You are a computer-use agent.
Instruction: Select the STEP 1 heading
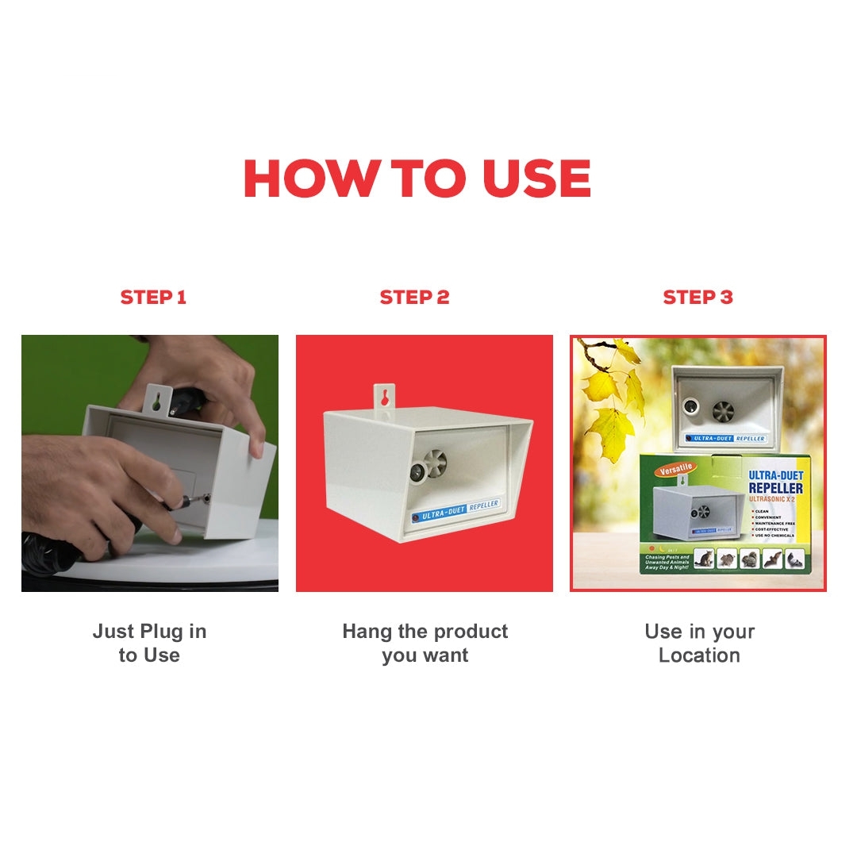click(x=153, y=298)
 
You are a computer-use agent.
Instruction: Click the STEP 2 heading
click(x=414, y=298)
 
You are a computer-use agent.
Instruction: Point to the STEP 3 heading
click(x=698, y=298)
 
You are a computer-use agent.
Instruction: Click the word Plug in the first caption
click(x=162, y=632)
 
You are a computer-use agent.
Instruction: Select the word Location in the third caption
click(x=699, y=655)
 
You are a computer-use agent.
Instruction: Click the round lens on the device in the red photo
click(x=415, y=471)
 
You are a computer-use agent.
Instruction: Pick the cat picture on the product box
click(x=703, y=559)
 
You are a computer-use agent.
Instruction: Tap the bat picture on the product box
click(x=771, y=559)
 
